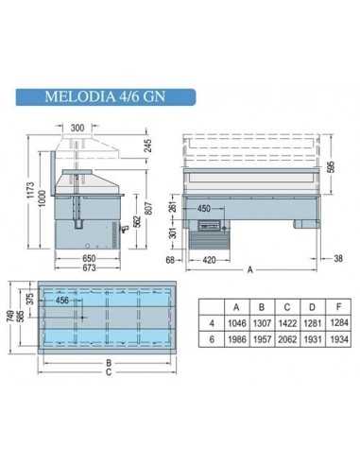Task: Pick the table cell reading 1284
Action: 330,324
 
